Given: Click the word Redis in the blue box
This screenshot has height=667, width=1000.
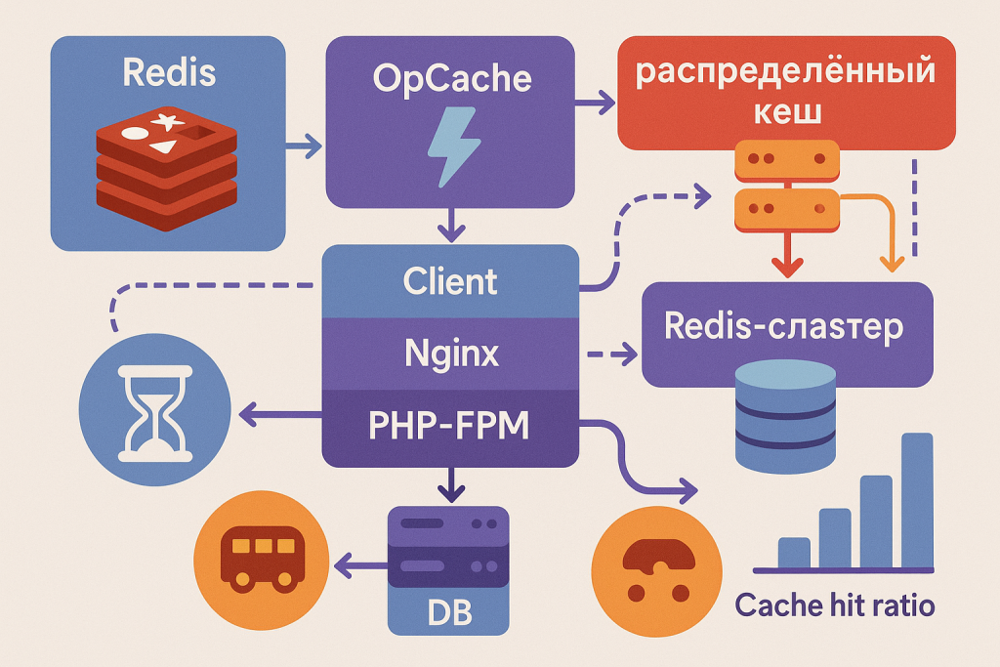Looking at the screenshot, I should (167, 71).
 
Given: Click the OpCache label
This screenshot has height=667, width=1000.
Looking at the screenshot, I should (452, 78).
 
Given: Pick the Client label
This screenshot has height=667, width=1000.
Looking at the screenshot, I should (450, 281).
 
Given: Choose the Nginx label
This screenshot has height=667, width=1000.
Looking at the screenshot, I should (451, 353).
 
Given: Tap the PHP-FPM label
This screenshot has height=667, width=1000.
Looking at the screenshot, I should (450, 425).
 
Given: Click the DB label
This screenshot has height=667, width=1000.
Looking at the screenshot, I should (449, 614).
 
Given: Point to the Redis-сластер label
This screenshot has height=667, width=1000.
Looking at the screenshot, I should (783, 327).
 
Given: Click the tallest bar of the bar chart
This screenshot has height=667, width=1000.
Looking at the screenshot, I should (917, 499).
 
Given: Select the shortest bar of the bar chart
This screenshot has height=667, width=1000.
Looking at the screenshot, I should (794, 552).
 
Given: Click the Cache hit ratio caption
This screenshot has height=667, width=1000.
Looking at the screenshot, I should (834, 605).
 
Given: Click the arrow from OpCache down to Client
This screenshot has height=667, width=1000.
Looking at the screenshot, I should (451, 225).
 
